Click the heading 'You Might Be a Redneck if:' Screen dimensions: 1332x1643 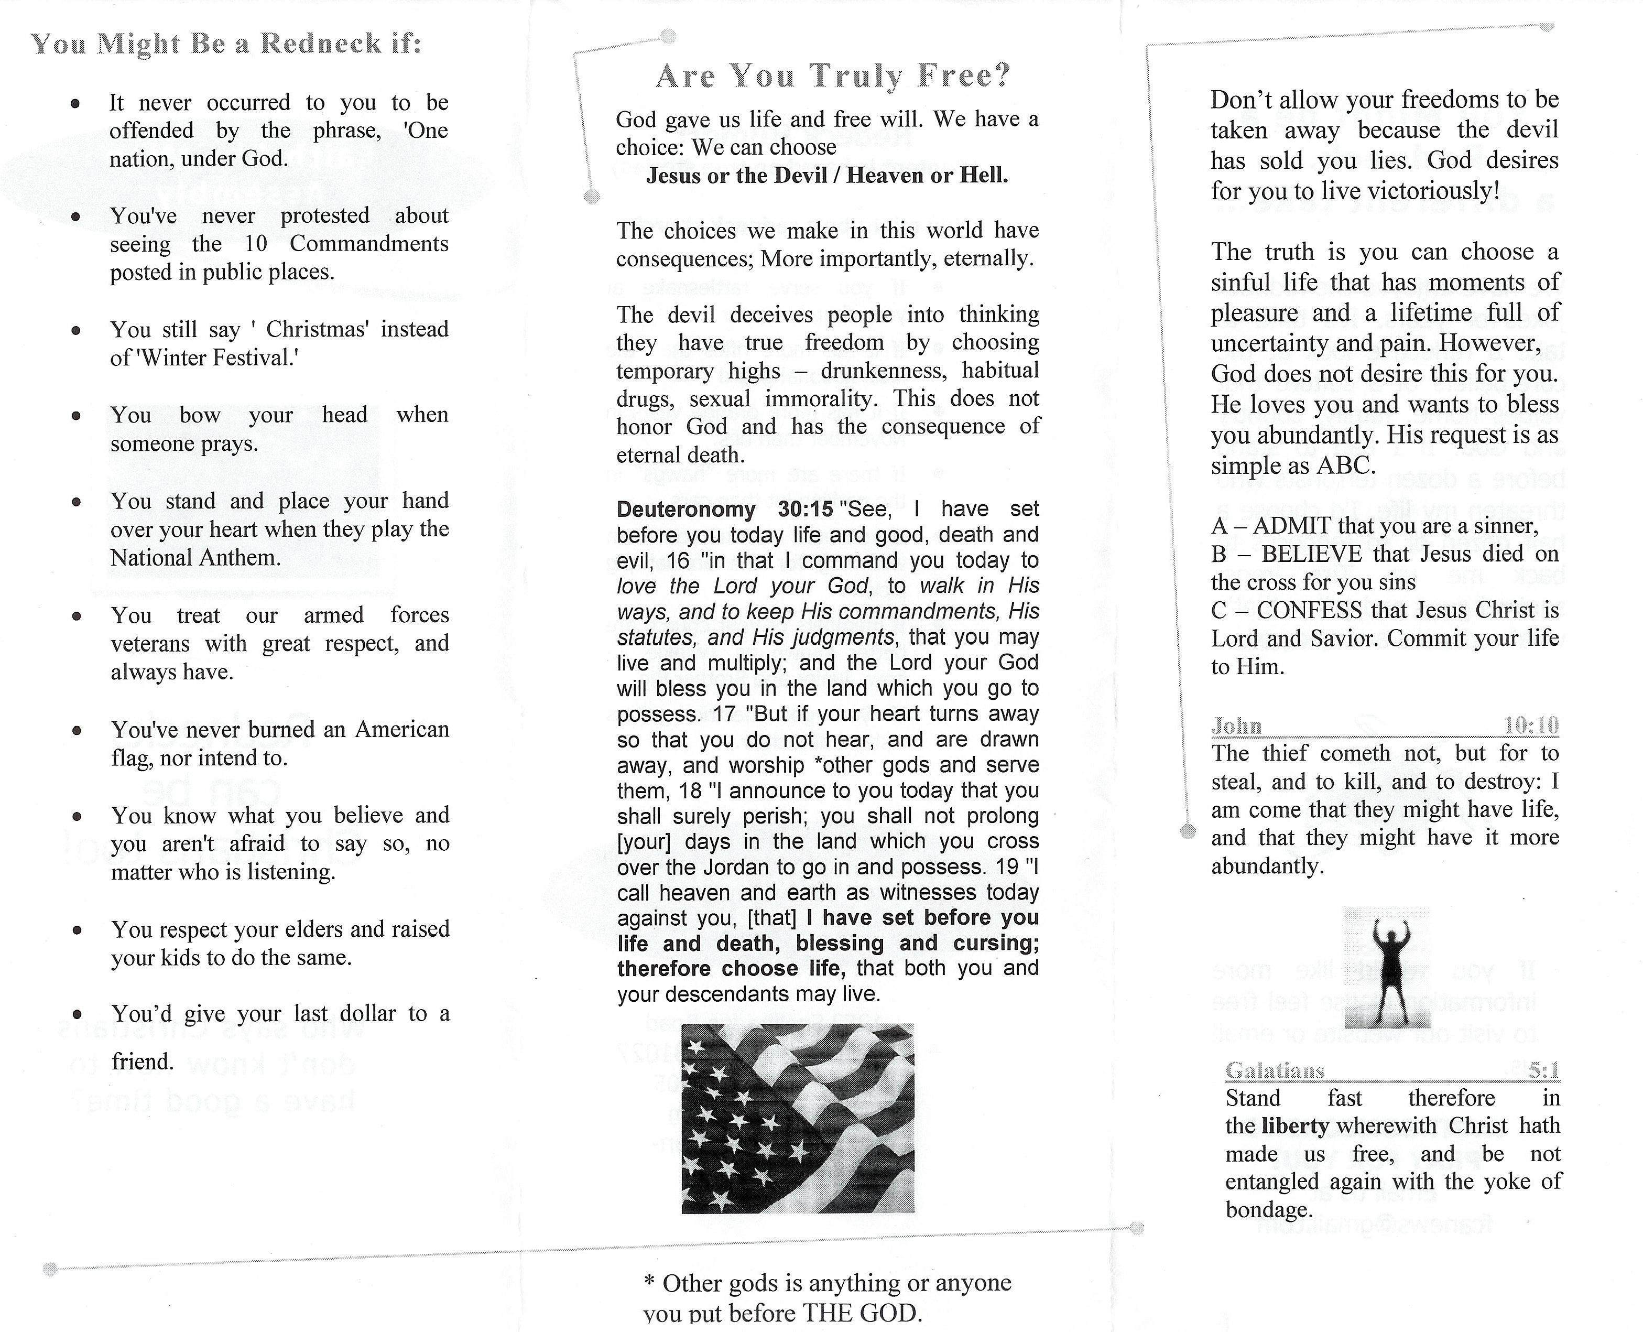coord(226,44)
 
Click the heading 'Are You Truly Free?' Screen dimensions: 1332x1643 coord(833,76)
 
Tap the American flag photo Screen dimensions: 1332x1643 coord(798,1118)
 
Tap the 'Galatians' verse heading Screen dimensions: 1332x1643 coord(1275,1070)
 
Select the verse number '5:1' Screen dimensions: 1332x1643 coord(1543,1070)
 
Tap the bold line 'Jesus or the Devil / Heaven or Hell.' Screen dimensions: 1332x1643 coord(827,176)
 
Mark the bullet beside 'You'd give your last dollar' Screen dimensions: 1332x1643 coord(76,1014)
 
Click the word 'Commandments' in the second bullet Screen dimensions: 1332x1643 coord(369,244)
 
